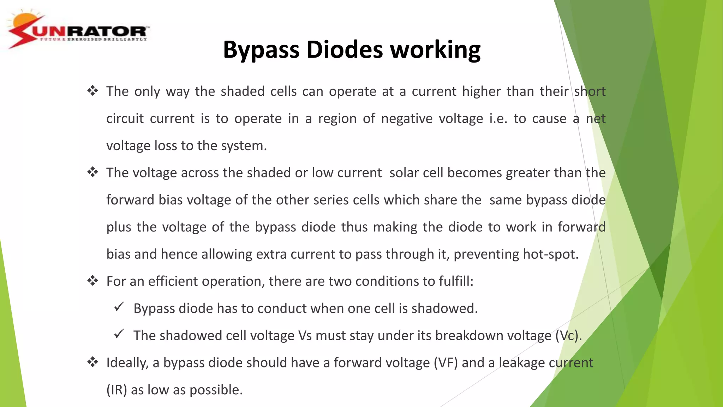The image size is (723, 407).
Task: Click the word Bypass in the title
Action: click(261, 50)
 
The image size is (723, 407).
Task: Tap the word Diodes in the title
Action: click(344, 50)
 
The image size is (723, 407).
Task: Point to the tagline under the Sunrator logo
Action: click(93, 39)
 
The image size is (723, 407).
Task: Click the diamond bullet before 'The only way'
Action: click(92, 91)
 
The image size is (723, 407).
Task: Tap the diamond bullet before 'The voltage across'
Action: click(92, 172)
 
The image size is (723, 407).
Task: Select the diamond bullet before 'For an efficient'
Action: click(92, 281)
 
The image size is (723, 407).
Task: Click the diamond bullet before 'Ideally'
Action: click(92, 362)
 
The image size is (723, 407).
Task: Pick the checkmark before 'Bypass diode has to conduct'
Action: click(119, 307)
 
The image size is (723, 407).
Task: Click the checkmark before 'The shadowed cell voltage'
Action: click(119, 334)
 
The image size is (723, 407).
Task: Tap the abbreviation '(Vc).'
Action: click(568, 336)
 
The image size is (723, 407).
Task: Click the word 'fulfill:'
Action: click(456, 281)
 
